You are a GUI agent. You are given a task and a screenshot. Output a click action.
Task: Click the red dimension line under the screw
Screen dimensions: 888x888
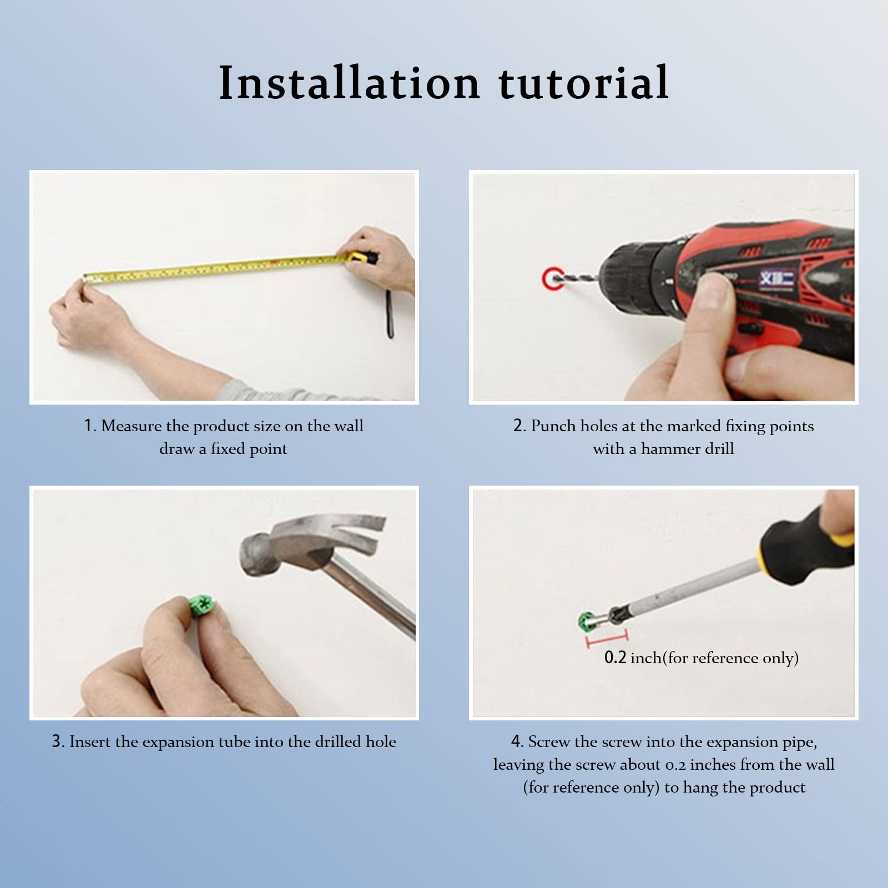(607, 639)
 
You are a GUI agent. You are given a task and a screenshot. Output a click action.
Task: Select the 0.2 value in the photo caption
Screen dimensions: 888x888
(615, 658)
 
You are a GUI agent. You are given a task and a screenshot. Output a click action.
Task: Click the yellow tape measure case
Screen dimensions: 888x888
(364, 259)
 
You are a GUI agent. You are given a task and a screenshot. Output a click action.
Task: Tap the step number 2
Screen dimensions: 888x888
(519, 426)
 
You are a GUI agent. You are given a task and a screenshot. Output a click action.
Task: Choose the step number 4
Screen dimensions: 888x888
(517, 741)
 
